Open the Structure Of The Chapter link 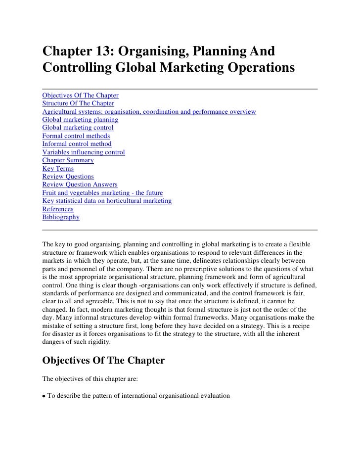(x=78, y=103)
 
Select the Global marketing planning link (x=80, y=120)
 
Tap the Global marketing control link (x=78, y=128)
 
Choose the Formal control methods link (x=76, y=136)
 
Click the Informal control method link (x=77, y=144)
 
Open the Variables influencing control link (x=84, y=152)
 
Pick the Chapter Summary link (x=68, y=160)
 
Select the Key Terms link (x=58, y=168)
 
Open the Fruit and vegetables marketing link (x=102, y=192)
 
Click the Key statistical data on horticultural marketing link (x=107, y=201)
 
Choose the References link (x=57, y=209)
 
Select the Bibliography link (x=61, y=217)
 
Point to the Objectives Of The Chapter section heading (x=103, y=361)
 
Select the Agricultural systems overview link (x=149, y=112)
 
